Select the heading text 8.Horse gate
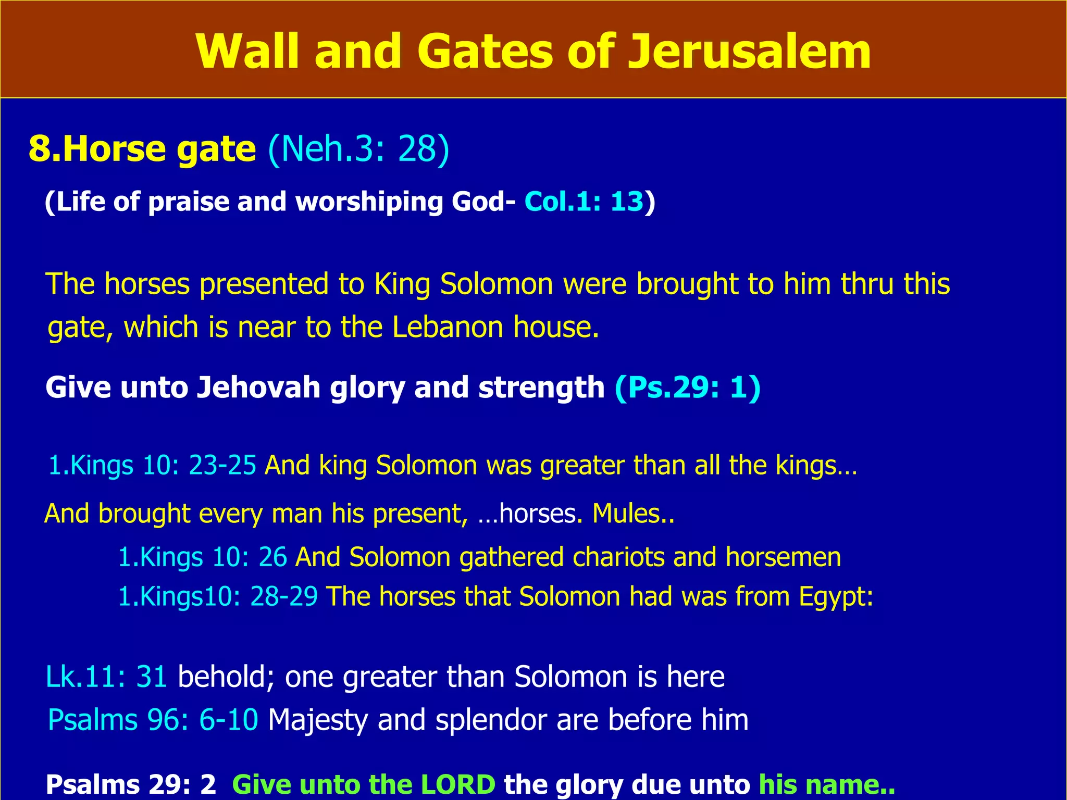click(x=142, y=149)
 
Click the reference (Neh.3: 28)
click(x=358, y=149)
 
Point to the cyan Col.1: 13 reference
click(x=584, y=202)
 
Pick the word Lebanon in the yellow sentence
click(x=447, y=327)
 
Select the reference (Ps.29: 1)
click(x=688, y=387)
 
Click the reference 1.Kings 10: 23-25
click(x=152, y=465)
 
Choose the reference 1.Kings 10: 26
click(x=202, y=557)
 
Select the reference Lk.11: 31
click(x=106, y=677)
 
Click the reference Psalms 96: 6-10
click(x=153, y=720)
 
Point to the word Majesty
click(x=317, y=721)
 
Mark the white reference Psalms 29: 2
click(x=131, y=784)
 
